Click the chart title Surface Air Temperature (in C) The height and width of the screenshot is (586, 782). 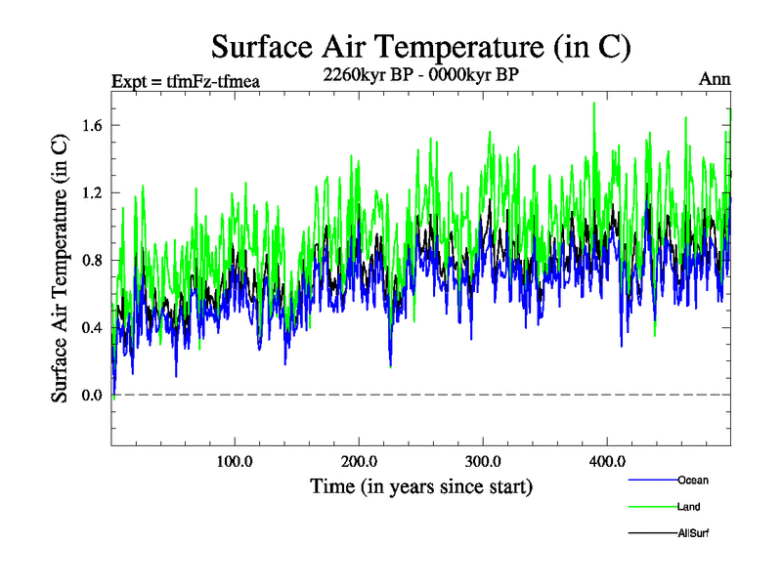[x=421, y=47]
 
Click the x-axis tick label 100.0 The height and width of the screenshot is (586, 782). [x=235, y=461]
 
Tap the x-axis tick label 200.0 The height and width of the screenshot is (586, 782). [x=359, y=461]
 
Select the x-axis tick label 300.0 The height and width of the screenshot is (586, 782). [x=483, y=461]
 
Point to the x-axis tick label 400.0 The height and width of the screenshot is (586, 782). [x=607, y=461]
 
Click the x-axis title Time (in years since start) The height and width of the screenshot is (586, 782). [x=421, y=485]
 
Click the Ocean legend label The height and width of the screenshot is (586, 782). [x=693, y=480]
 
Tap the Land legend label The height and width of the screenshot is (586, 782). [x=688, y=507]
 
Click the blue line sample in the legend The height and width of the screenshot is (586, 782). [x=651, y=480]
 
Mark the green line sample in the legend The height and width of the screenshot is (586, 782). [x=651, y=507]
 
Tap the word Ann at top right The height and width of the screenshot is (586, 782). [x=715, y=80]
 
